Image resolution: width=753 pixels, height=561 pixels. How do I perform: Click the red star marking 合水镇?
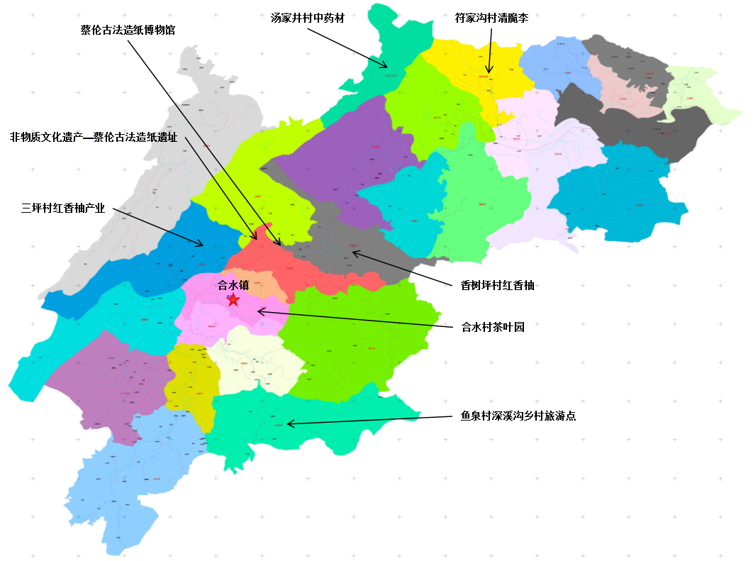[x=233, y=300]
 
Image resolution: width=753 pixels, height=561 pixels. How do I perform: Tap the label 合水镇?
[x=233, y=286]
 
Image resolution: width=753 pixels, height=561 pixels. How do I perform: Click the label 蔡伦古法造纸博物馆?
[x=128, y=30]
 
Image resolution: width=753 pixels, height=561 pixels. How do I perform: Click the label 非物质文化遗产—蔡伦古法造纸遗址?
[x=94, y=135]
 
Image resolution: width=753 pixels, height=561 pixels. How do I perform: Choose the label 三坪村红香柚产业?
[x=63, y=209]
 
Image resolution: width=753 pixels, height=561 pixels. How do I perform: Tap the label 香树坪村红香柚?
[x=497, y=286]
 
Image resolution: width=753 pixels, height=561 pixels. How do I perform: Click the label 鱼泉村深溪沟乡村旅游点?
[x=518, y=416]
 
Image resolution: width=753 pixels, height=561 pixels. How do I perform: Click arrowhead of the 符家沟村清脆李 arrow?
[x=489, y=72]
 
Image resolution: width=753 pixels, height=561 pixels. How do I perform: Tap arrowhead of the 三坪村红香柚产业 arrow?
[x=203, y=245]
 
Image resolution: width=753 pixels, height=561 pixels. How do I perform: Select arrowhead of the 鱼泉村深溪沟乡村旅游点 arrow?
[x=288, y=423]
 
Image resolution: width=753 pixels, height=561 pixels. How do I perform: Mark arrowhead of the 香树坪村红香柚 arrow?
[x=353, y=252]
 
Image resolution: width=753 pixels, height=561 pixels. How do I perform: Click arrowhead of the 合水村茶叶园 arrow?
[x=257, y=311]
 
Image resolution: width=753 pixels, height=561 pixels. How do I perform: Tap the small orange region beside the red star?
[x=255, y=283]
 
